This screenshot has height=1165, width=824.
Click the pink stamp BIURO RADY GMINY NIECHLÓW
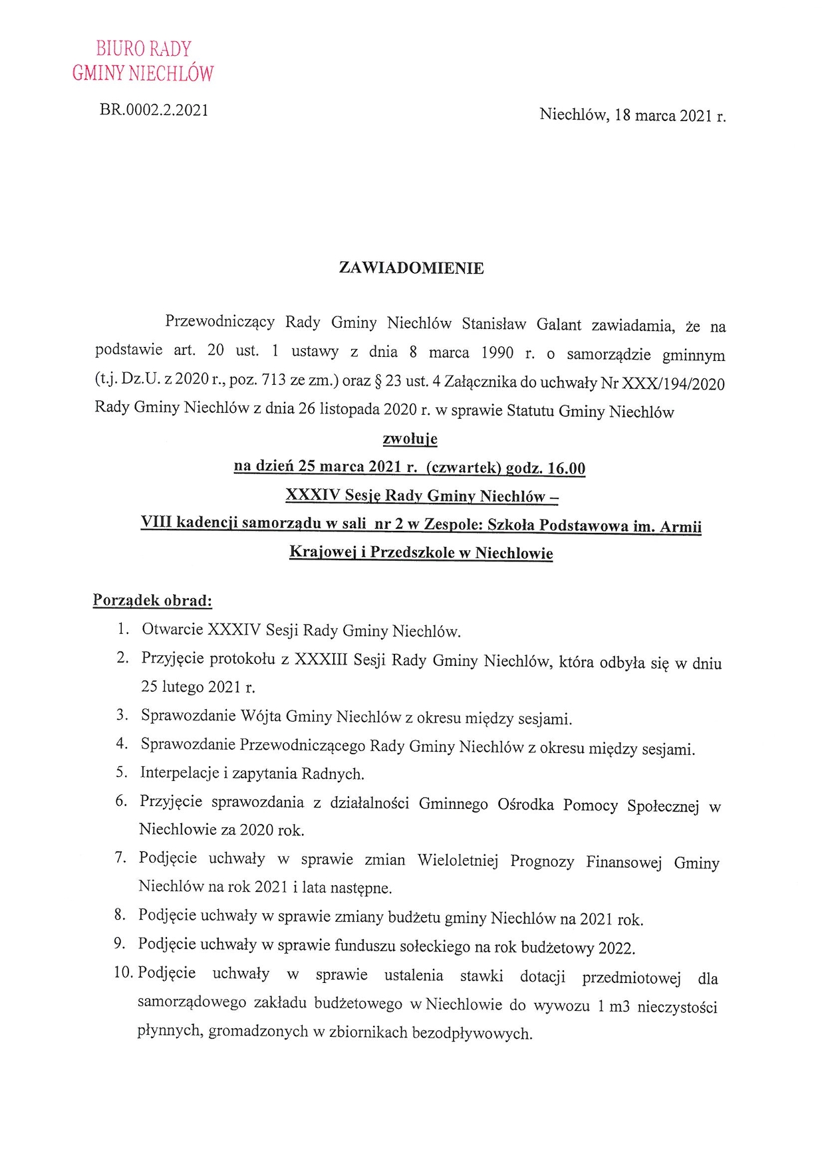click(x=143, y=60)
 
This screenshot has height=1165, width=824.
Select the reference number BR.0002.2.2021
click(x=154, y=110)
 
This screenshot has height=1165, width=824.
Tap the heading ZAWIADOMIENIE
click(x=411, y=268)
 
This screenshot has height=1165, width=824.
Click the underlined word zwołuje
click(x=410, y=439)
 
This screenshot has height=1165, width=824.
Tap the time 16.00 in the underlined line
click(x=566, y=469)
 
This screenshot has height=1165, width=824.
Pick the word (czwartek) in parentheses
click(x=463, y=467)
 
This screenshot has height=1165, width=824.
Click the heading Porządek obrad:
click(x=152, y=600)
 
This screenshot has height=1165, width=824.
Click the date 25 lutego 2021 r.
click(x=198, y=687)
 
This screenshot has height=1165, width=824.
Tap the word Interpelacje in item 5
click(x=180, y=773)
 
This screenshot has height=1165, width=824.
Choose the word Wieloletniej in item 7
click(x=458, y=860)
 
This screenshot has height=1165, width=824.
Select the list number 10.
click(x=122, y=972)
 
